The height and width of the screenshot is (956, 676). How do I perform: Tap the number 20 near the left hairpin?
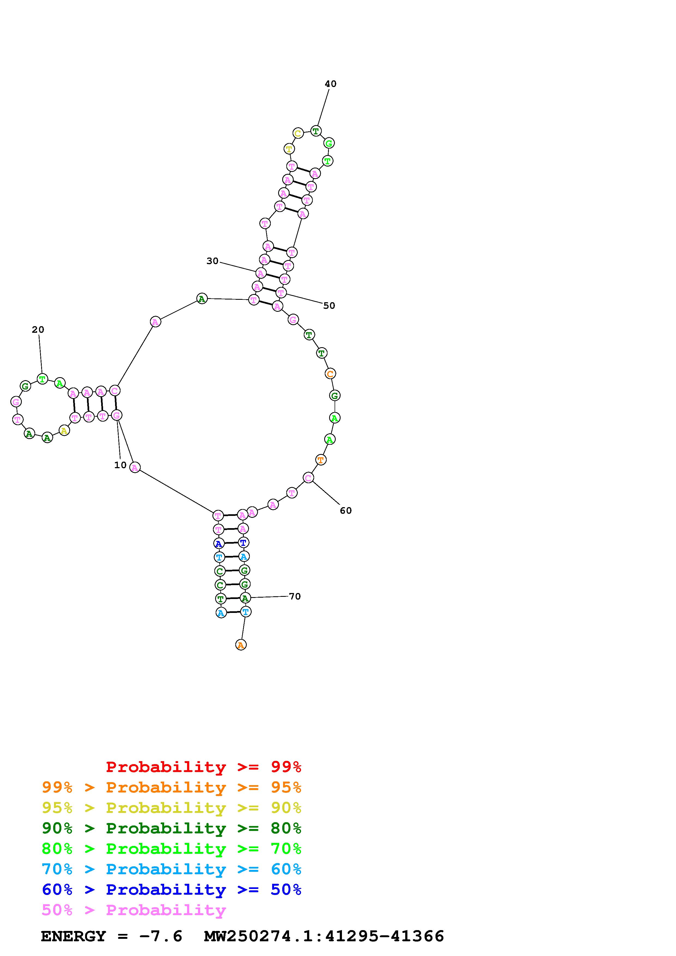38,330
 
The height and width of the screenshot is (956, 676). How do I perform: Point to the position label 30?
212,261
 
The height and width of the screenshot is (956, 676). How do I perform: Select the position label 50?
329,305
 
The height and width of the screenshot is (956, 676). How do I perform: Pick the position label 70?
295,596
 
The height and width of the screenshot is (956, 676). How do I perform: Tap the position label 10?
120,465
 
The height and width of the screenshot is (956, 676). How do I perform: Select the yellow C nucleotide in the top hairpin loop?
298,134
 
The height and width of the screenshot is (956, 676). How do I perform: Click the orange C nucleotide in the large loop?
330,374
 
